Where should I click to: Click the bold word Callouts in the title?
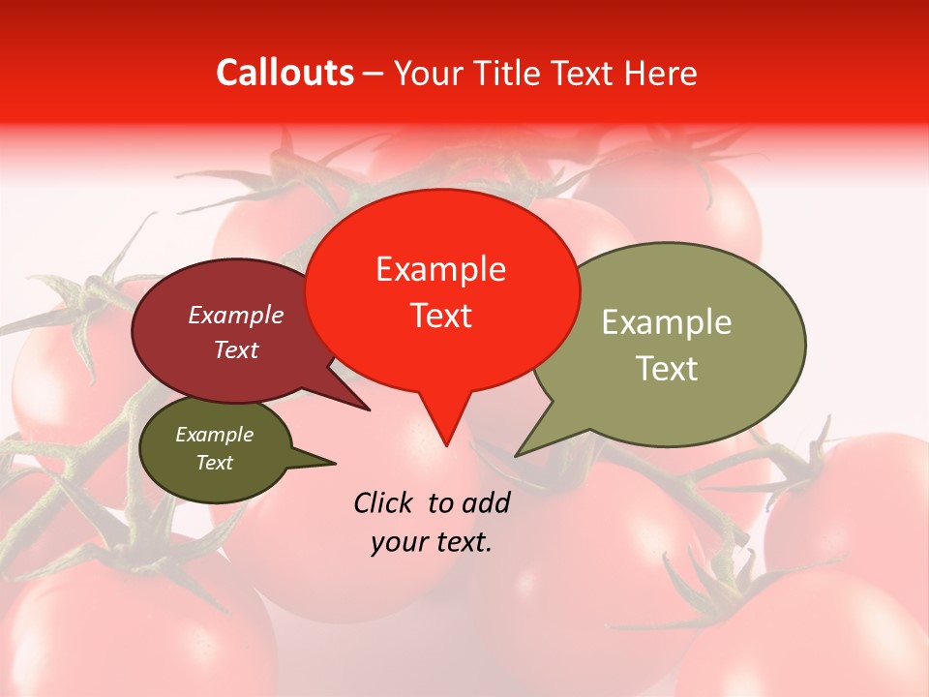tap(285, 73)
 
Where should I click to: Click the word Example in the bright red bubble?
tap(440, 269)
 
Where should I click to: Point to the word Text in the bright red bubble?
tap(440, 316)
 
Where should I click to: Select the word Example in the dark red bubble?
tap(236, 315)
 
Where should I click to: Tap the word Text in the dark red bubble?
tap(236, 349)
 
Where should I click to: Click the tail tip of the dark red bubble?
tap(369, 409)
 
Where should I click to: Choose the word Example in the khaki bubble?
tap(666, 322)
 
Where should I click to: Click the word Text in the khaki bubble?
tap(666, 369)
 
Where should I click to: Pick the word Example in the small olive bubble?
tap(214, 435)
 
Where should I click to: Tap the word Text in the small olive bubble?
tap(214, 463)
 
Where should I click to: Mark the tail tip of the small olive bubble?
tap(335, 463)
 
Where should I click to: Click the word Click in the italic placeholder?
tap(384, 502)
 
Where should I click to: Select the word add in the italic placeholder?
tap(487, 502)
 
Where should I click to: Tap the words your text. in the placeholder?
tap(432, 542)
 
